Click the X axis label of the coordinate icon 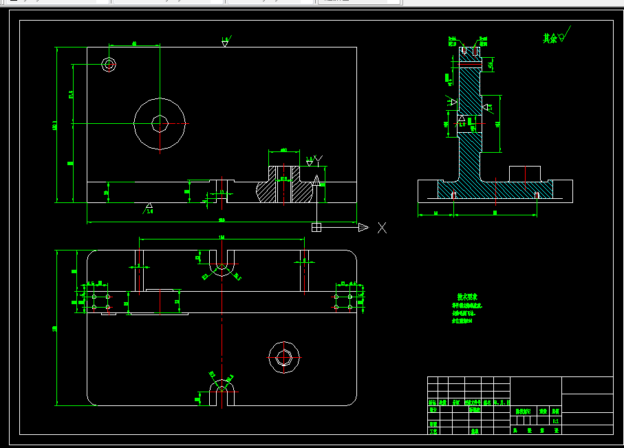382,228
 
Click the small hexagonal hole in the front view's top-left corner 108,65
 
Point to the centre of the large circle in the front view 160,124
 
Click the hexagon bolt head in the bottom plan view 283,357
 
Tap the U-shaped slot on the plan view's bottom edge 222,394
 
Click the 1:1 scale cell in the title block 555,420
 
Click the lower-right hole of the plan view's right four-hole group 349,306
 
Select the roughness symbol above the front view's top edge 225,42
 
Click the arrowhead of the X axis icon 363,228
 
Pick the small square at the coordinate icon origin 316,228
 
